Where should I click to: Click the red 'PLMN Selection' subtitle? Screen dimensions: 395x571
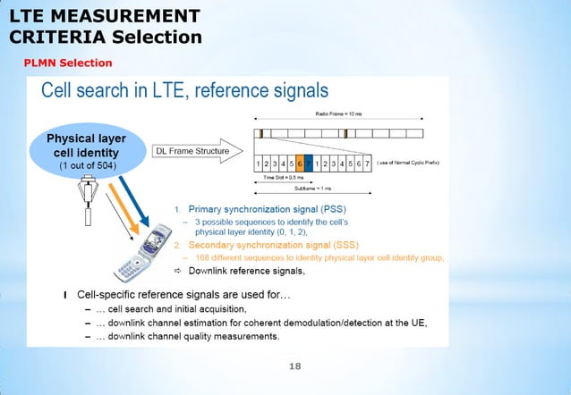(68, 63)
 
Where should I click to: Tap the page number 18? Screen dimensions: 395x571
(296, 366)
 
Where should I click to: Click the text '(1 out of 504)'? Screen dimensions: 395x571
(86, 166)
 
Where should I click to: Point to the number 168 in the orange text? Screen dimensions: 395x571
(202, 257)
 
